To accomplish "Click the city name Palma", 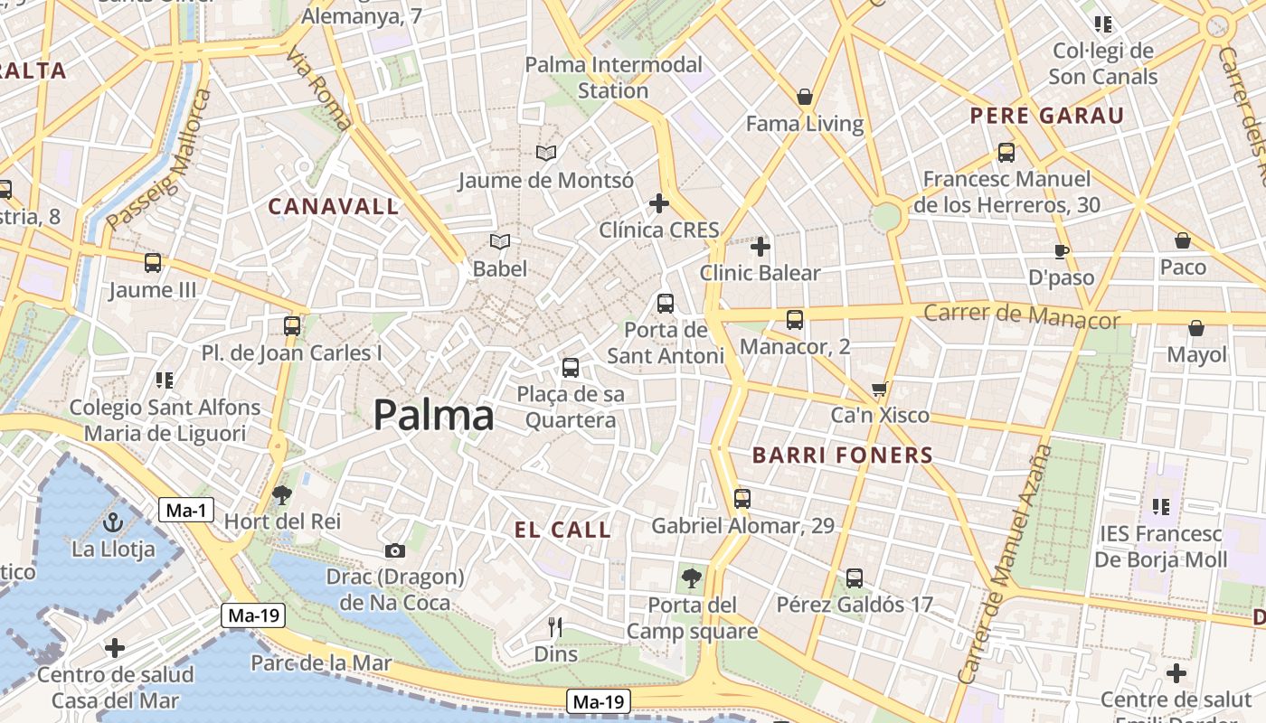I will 434,416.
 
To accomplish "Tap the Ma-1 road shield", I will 187,511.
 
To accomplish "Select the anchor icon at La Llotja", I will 113,522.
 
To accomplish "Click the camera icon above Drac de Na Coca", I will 394,550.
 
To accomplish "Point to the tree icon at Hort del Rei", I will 282,494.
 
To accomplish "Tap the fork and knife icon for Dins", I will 555,626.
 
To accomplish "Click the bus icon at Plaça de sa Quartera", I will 570,367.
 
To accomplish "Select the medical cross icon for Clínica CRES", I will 659,203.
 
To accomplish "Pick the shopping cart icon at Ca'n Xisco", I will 879,390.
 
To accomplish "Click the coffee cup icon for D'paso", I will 1062,251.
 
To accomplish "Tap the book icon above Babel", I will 500,241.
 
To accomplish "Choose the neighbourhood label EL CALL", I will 563,531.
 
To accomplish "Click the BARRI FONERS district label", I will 843,455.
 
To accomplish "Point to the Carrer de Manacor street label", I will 1021,315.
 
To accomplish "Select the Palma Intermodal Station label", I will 613,78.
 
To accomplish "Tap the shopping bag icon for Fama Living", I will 804,97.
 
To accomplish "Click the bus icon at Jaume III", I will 153,263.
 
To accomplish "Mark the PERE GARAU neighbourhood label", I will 1046,116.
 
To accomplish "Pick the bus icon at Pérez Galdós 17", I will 855,577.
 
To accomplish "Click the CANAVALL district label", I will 334,207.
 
